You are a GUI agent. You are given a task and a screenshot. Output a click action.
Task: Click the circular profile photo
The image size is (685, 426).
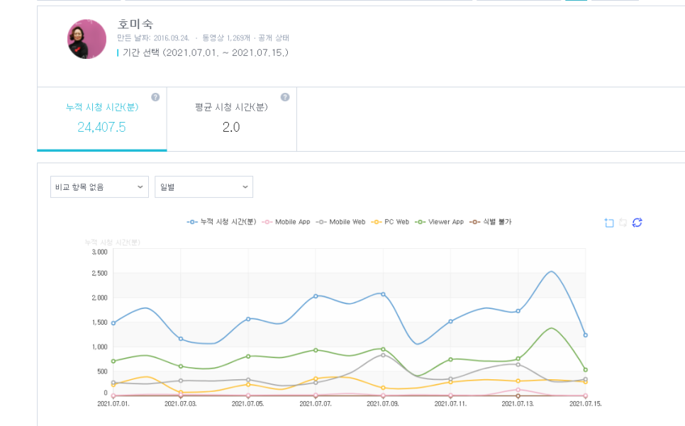(87, 39)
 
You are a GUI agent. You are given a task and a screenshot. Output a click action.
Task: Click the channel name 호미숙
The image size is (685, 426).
(135, 24)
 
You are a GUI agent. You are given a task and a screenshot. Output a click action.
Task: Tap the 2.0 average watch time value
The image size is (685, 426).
(231, 127)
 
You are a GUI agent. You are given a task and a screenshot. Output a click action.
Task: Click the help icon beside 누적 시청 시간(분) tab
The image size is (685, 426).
(155, 97)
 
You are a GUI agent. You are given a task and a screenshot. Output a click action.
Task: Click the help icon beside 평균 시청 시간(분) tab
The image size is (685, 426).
(285, 97)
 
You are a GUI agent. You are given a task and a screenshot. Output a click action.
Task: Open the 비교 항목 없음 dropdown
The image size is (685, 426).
(99, 187)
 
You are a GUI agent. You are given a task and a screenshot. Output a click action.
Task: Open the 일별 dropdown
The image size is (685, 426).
(204, 187)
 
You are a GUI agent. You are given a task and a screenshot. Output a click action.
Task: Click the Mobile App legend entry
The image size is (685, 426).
(287, 222)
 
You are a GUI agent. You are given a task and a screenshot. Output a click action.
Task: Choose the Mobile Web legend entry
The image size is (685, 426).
(342, 222)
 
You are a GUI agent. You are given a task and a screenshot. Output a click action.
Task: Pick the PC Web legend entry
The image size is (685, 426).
(392, 222)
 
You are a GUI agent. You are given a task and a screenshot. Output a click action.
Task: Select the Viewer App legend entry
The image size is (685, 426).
(440, 222)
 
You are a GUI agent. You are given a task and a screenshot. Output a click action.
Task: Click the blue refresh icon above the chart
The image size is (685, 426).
(637, 223)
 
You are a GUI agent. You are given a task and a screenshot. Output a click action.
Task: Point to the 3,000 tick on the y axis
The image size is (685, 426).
(99, 252)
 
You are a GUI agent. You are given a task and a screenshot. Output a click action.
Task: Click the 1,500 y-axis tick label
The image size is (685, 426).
(99, 323)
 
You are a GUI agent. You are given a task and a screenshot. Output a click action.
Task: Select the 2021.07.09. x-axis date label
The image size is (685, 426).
(384, 404)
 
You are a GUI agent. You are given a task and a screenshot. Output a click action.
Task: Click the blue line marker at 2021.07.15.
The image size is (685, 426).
(585, 335)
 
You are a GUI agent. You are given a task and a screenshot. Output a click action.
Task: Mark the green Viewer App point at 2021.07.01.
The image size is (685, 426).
(113, 361)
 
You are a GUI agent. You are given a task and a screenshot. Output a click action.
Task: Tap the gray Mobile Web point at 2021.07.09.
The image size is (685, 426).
(383, 355)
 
